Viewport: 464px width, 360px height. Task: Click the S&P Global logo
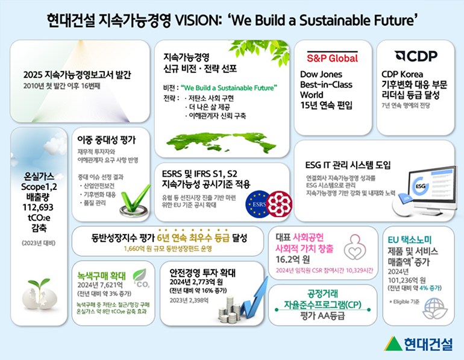pyautogui.click(x=333, y=58)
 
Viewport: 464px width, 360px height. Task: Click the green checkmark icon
pyautogui.click(x=136, y=200)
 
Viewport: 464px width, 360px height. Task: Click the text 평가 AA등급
pyautogui.click(x=324, y=317)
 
